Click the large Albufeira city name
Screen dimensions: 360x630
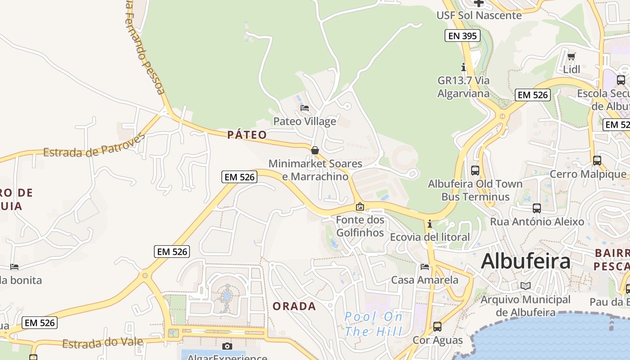pos(526,261)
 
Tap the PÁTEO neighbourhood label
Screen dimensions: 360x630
pos(247,135)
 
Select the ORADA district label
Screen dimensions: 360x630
pos(294,306)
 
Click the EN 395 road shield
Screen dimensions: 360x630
pos(463,36)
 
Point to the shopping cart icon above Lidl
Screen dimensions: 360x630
pos(571,56)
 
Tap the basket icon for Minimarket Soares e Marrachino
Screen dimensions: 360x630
pos(315,150)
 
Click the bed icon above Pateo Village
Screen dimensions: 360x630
pos(305,108)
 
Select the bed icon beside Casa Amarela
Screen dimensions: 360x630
pos(425,266)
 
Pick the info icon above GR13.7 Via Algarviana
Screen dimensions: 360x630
pos(463,67)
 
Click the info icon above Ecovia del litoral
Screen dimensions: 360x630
pos(430,224)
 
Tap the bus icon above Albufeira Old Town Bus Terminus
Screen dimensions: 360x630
pos(475,170)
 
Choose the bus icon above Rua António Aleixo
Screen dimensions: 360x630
pos(536,208)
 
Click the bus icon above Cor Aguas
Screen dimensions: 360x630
pos(437,327)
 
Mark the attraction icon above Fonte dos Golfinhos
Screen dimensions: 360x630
pos(360,207)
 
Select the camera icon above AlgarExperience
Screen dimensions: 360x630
pos(227,346)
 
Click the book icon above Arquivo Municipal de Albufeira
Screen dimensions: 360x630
pos(525,286)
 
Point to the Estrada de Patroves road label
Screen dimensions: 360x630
pos(94,146)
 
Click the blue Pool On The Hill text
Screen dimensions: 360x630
pos(373,324)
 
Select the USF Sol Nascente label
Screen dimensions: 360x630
pos(479,15)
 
